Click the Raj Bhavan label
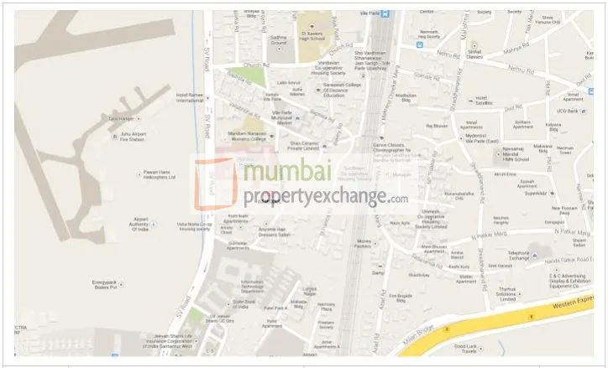437,125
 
